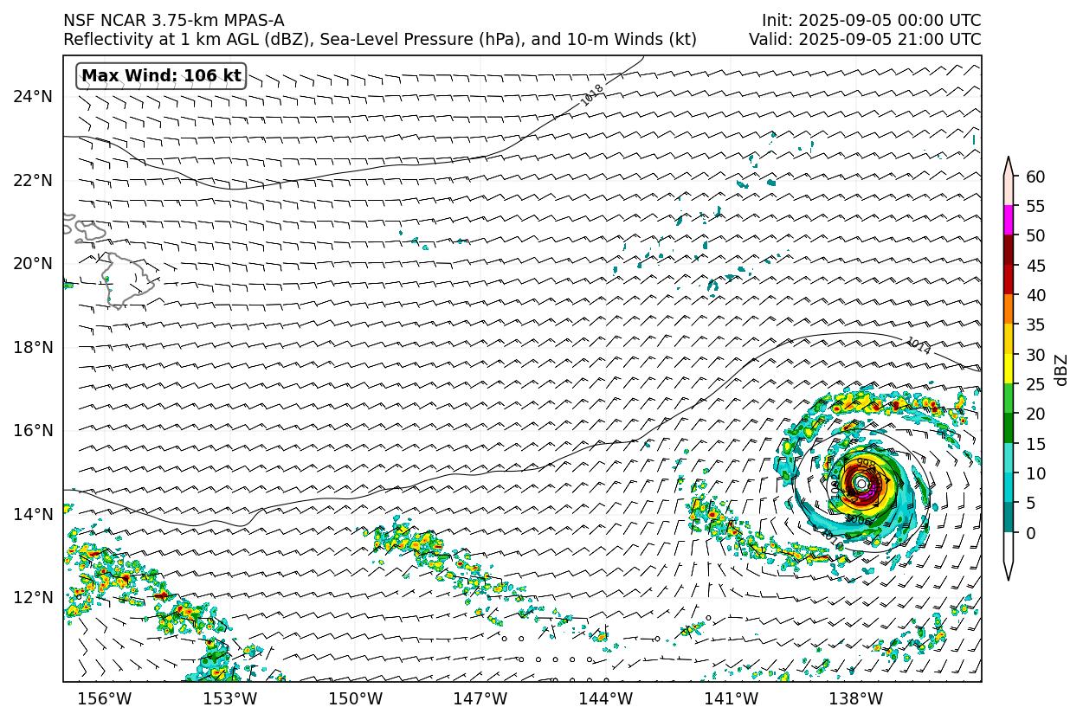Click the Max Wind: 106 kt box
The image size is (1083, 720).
tap(162, 76)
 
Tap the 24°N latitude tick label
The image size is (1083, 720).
tap(33, 96)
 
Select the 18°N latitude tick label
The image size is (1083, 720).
tap(33, 347)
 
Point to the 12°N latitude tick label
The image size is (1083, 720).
tap(33, 598)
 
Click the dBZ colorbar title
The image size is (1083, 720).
tap(1062, 370)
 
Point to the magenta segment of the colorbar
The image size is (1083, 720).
tap(1009, 220)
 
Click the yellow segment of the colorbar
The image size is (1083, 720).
tap(1009, 369)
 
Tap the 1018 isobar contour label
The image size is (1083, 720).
tap(593, 94)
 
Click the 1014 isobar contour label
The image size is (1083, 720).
tap(918, 346)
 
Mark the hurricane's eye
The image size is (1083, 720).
tap(861, 482)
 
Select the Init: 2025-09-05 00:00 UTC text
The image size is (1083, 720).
tap(871, 20)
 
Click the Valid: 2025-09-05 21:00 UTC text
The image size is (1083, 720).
tap(865, 40)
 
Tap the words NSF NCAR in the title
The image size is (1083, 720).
tap(95, 20)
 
